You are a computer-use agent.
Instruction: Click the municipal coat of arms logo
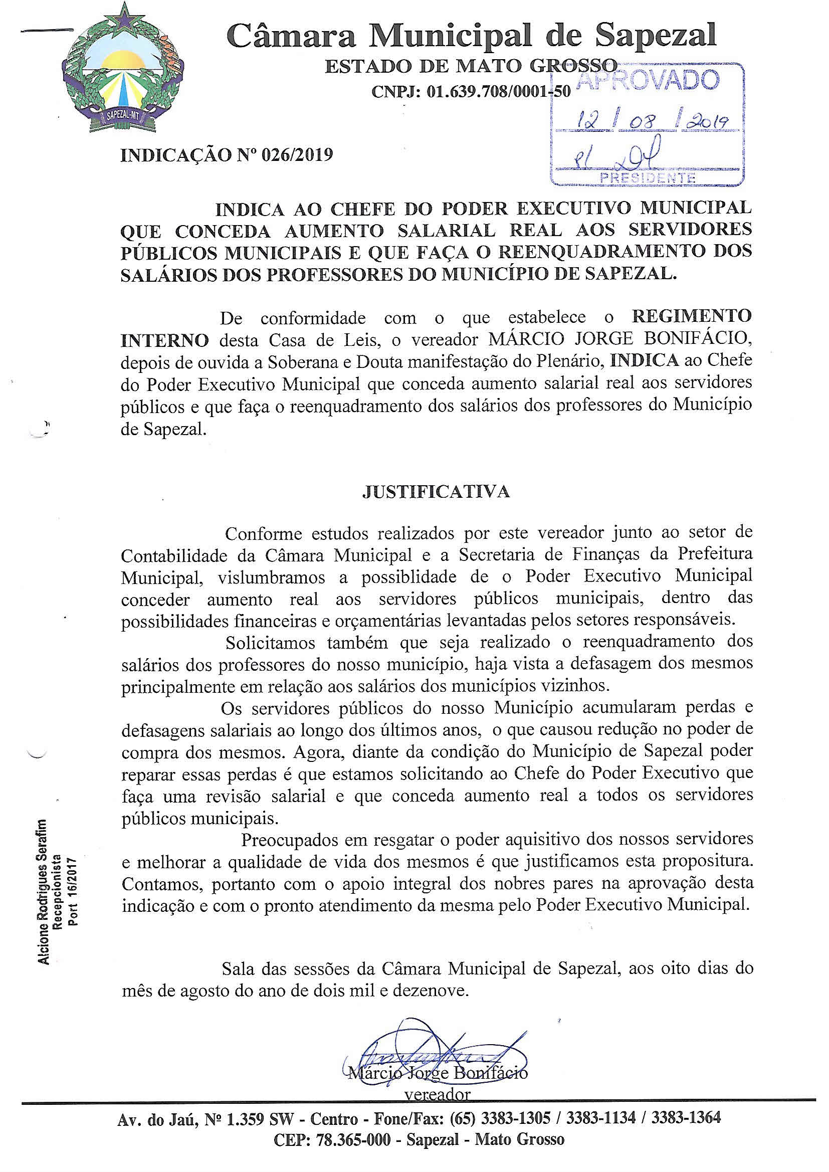coord(122,72)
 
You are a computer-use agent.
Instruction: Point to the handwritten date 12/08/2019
coord(648,121)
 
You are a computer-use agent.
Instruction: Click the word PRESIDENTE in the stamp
coord(648,178)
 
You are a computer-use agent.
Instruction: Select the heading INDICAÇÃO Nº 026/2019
coord(227,154)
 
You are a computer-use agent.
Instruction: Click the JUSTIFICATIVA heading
coord(436,491)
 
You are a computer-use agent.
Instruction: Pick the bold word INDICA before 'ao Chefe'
coord(645,360)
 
